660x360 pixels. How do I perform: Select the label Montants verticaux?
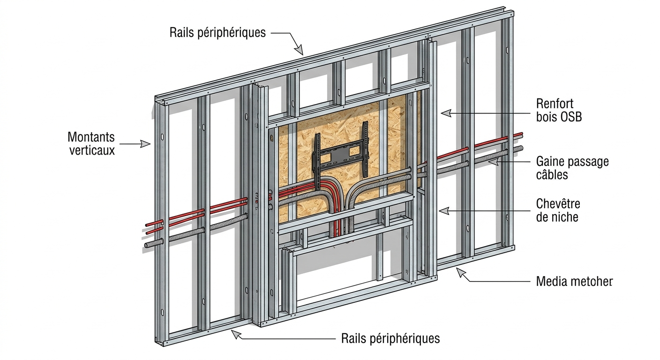pos(91,144)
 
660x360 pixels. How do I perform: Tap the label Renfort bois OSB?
pos(558,110)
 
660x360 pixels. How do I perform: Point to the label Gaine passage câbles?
pos(572,168)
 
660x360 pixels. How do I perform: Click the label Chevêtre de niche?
pos(557,210)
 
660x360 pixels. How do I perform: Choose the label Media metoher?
pos(574,281)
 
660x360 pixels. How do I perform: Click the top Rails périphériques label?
pos(217,32)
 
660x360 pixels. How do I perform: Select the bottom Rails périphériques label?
pos(390,338)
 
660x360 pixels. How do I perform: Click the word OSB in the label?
pos(570,117)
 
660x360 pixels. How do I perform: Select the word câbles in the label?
pos(552,175)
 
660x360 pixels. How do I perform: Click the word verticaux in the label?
pos(92,150)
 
